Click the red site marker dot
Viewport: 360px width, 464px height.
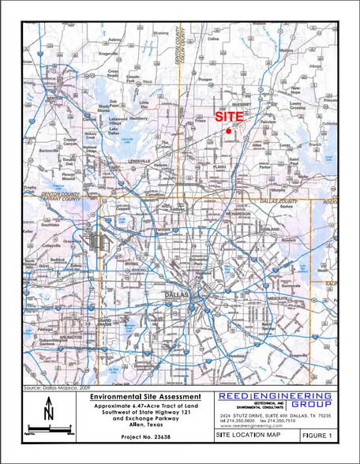coord(228,130)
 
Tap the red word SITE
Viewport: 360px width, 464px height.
coord(229,116)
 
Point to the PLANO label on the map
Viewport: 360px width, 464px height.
coord(231,169)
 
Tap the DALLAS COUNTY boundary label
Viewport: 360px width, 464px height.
coord(277,201)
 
